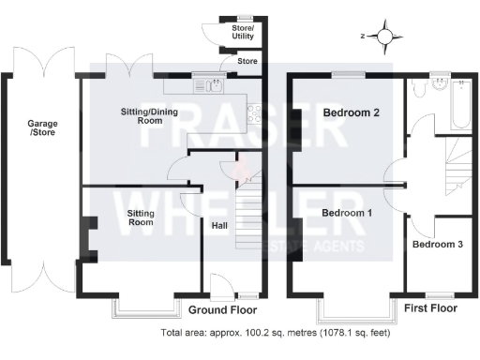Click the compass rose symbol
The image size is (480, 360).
tap(384, 36)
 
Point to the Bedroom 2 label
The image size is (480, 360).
tap(351, 113)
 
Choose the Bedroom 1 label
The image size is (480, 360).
tap(347, 213)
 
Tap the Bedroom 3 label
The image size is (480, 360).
tap(437, 245)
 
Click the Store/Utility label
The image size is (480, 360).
tap(243, 34)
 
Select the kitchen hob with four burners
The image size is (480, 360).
tap(253, 113)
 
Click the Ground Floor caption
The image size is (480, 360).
tap(222, 310)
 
